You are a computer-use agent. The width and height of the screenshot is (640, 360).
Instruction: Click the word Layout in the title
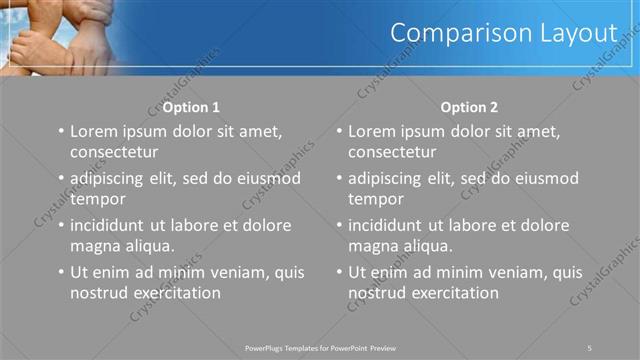(581, 33)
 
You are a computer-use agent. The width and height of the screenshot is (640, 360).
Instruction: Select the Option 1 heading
(183, 107)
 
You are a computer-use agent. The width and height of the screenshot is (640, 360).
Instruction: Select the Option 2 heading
(461, 107)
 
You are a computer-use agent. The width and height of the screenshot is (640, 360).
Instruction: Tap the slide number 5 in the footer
(590, 347)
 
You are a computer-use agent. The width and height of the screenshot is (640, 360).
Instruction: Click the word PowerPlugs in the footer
(267, 347)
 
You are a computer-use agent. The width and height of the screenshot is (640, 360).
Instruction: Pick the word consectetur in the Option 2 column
(393, 152)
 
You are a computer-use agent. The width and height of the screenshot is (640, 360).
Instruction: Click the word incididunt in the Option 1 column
(113, 225)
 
